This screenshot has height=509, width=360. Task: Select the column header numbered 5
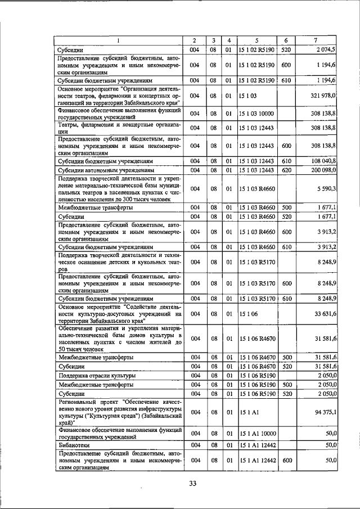[256, 40]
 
